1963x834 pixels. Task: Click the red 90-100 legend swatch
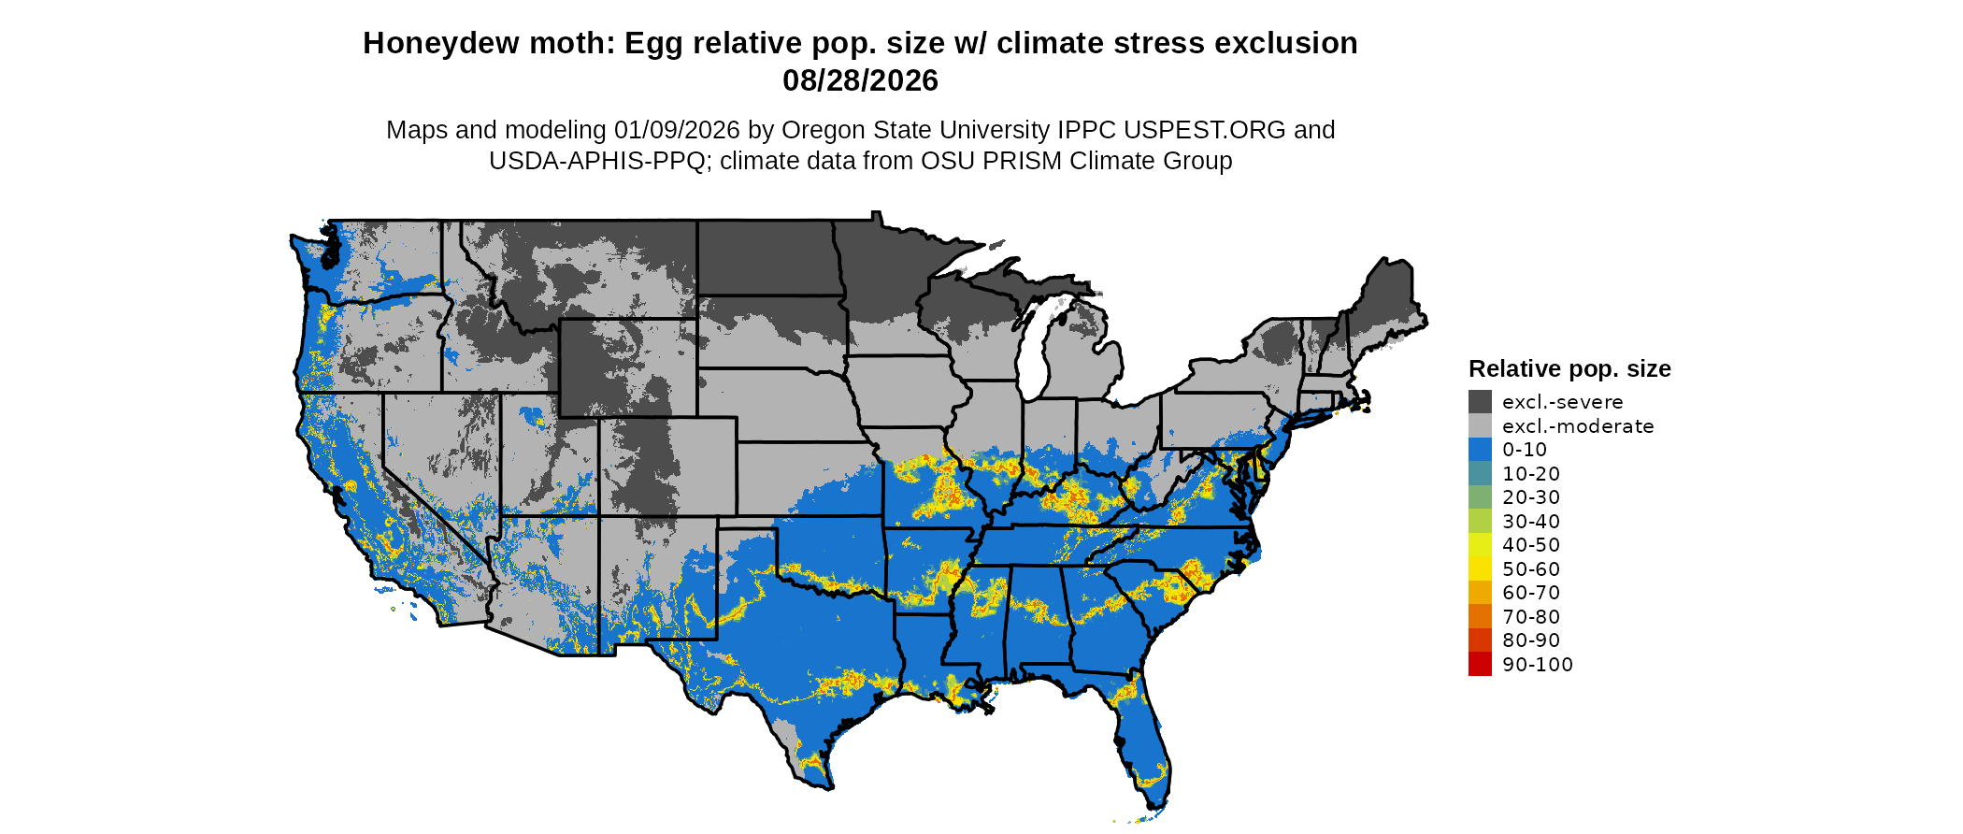1480,664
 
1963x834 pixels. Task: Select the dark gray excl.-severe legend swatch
1480,402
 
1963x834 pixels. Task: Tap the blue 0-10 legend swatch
1480,450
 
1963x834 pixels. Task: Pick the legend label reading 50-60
1531,569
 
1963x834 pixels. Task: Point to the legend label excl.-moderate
1578,426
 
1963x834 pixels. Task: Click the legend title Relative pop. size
1569,368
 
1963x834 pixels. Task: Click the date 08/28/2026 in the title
860,81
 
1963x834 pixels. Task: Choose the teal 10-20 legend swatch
1480,474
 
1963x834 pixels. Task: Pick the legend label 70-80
1531,617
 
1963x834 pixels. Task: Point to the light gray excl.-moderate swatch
1480,426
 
